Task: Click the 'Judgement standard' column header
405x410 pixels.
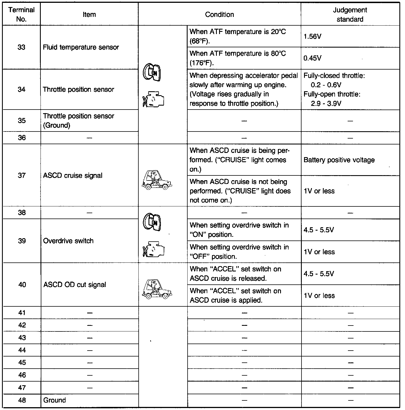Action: (x=350, y=15)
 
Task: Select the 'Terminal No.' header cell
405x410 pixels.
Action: (x=22, y=15)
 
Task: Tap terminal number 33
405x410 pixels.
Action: (x=22, y=47)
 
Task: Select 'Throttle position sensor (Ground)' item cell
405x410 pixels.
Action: (x=78, y=121)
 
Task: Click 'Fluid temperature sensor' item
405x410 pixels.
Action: (x=81, y=47)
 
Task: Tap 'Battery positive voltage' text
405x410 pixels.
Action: (x=339, y=160)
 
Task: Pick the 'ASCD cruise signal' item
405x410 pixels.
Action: (x=73, y=175)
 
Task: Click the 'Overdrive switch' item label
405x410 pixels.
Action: (x=68, y=241)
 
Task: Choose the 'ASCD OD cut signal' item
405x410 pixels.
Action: (x=75, y=285)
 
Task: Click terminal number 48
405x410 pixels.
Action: (x=22, y=400)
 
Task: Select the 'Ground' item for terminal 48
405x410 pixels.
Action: (x=55, y=400)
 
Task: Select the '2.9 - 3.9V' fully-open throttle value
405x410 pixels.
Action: (x=326, y=103)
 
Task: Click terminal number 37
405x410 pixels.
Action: (x=22, y=175)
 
